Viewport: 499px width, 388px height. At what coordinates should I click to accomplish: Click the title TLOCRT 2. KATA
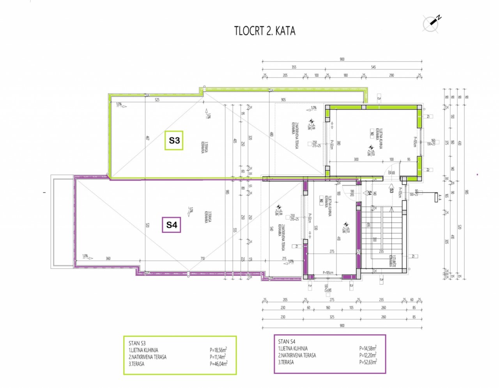265,31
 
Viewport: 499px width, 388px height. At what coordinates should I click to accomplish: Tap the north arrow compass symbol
432,23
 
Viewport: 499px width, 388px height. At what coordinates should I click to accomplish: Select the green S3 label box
174,140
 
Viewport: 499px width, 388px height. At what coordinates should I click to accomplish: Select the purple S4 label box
172,225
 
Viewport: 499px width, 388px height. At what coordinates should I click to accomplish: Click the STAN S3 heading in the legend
137,343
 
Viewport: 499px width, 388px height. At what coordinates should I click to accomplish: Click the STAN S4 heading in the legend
287,342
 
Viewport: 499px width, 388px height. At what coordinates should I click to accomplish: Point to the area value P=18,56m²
218,350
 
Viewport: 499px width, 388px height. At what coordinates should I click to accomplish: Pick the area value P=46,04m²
218,363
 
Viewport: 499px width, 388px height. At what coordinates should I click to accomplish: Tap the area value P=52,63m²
368,362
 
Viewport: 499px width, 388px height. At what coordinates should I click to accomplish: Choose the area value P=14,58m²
368,348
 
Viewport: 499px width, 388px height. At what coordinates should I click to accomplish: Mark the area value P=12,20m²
368,355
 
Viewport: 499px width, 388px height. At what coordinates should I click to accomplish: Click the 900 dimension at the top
342,59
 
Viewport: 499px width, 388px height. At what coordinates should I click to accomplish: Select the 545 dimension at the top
373,67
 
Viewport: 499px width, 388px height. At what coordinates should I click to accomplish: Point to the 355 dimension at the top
294,67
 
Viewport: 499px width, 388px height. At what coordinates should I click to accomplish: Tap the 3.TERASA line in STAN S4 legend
286,362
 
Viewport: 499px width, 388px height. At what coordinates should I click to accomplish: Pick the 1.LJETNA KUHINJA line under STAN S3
143,350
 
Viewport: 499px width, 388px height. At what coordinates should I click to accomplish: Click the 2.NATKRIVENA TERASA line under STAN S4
297,355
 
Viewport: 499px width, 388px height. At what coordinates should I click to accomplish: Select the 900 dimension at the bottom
342,325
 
